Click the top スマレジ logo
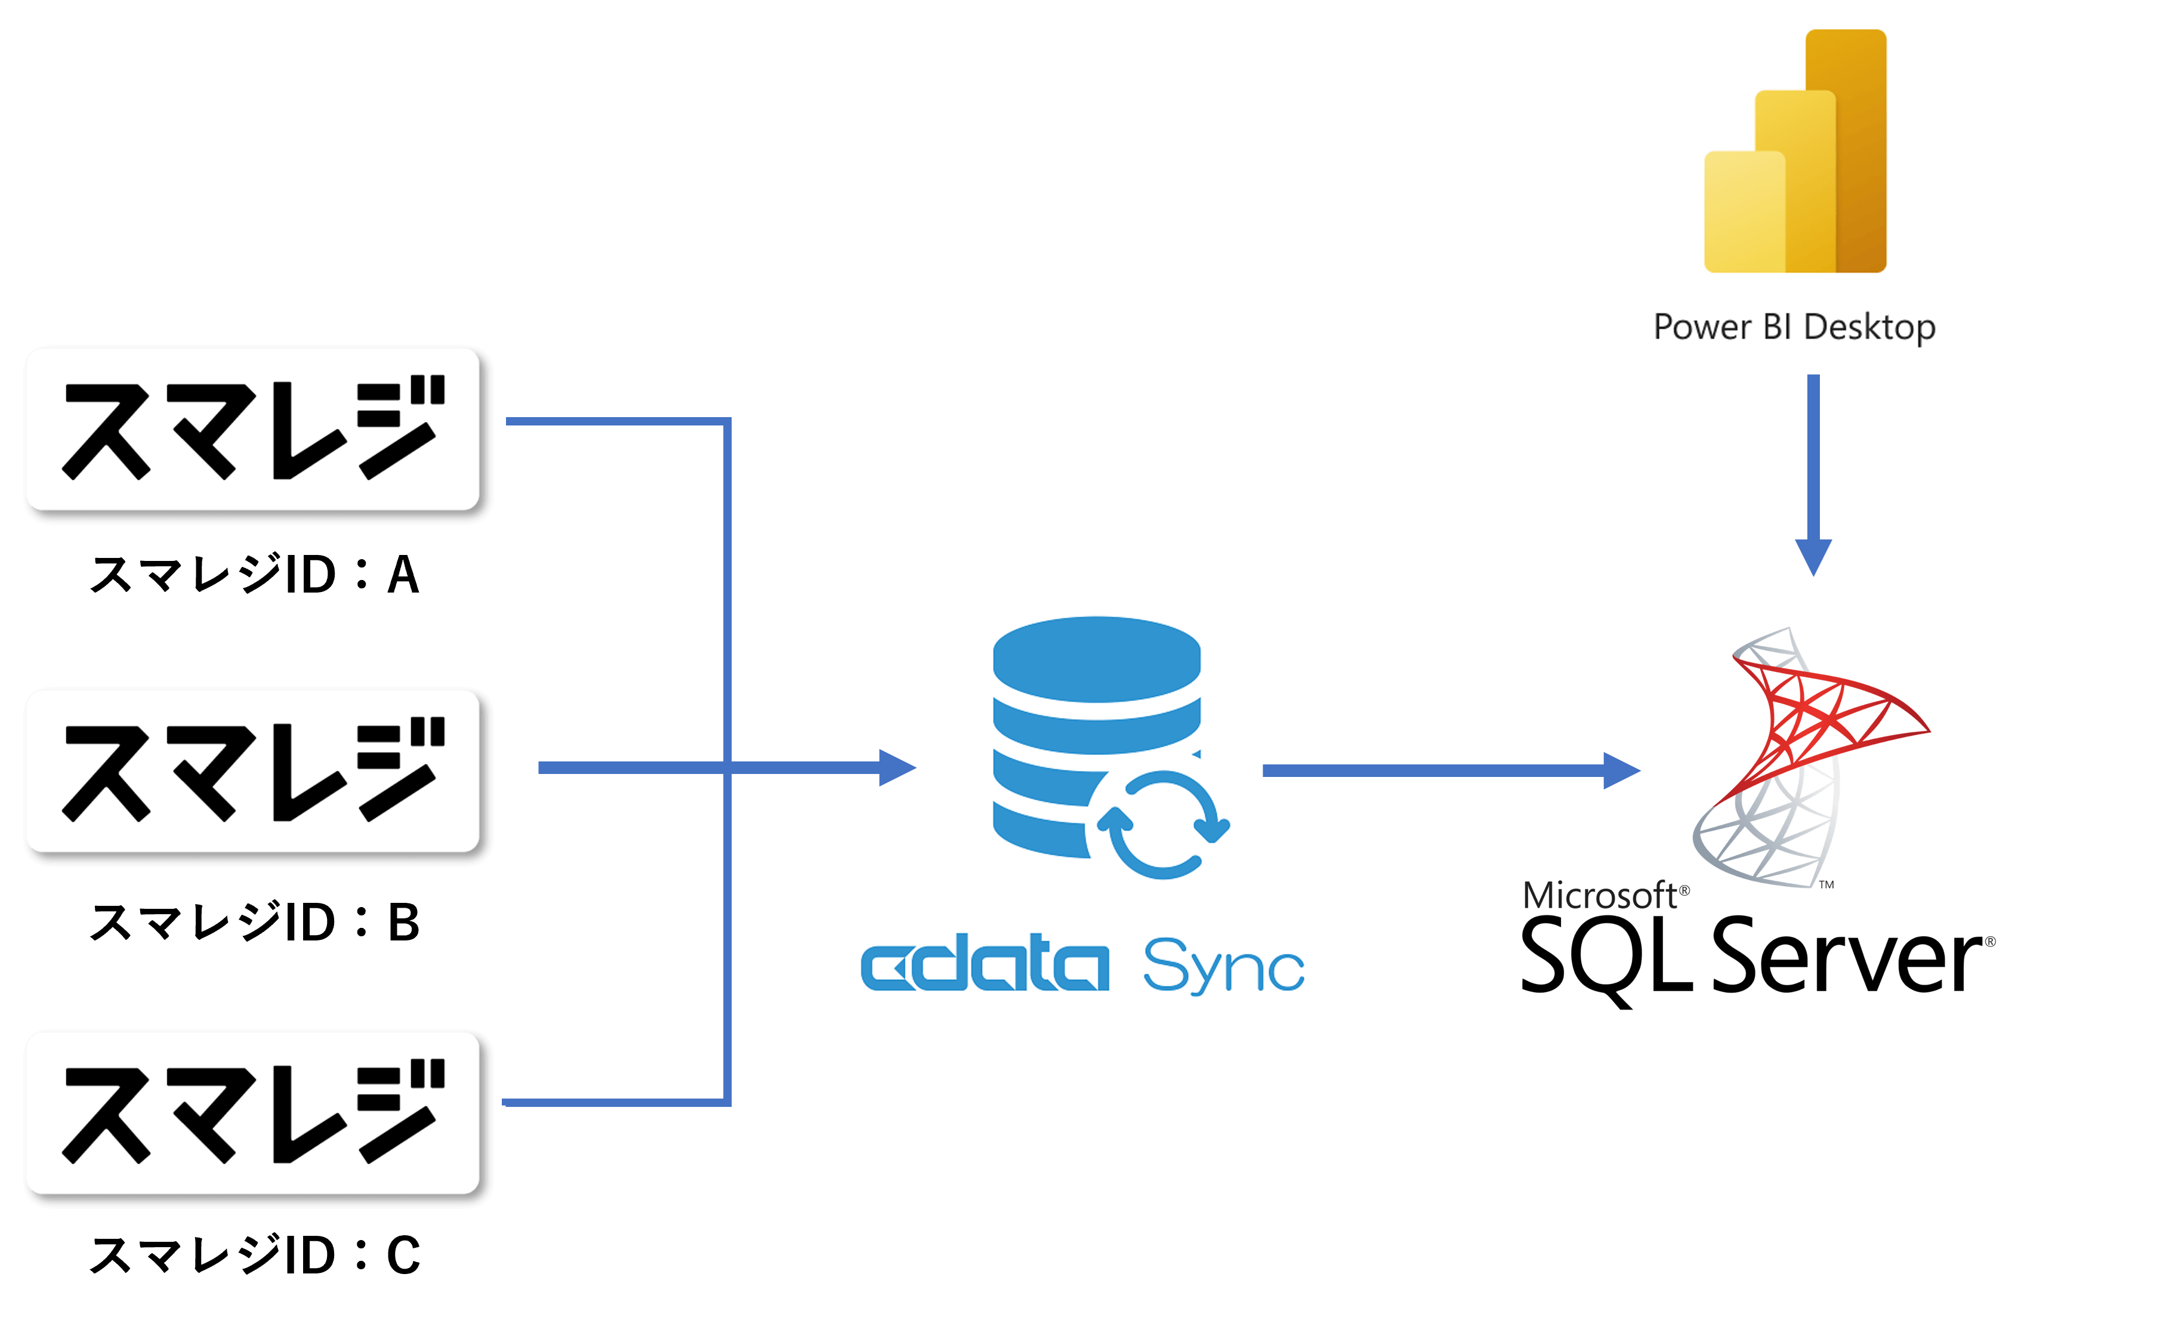tap(252, 429)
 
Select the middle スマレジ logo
tap(252, 771)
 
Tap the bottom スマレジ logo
tap(252, 1113)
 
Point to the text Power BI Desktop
tap(1794, 327)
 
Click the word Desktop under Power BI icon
tap(1869, 327)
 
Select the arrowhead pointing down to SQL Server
tap(1813, 557)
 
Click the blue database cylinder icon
tap(1096, 736)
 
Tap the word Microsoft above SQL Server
tap(1600, 895)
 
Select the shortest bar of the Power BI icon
tap(1743, 212)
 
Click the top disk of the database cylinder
tap(1096, 658)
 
